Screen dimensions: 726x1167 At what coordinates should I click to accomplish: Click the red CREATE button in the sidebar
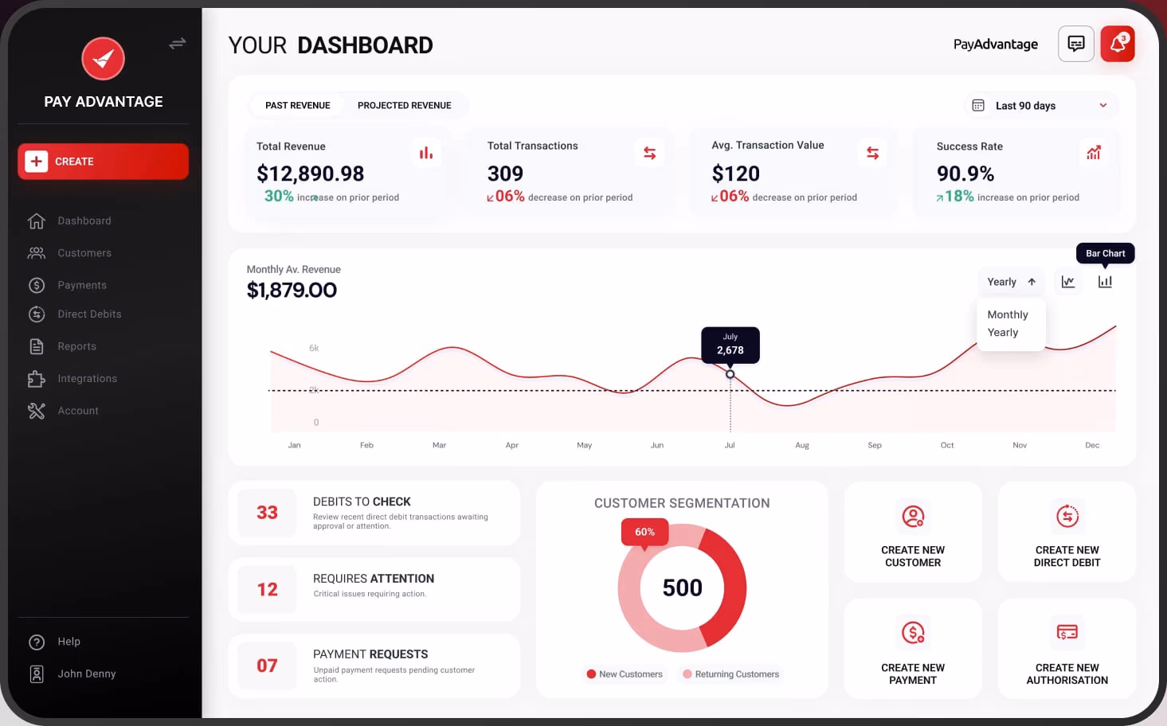103,162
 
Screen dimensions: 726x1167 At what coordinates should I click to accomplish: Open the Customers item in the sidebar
84,253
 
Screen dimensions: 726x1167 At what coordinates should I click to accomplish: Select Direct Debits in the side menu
88,314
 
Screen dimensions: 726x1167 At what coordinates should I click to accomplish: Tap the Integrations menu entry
87,379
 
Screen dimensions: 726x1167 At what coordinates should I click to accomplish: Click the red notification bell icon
1117,44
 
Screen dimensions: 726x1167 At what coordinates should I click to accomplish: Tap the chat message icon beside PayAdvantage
1075,44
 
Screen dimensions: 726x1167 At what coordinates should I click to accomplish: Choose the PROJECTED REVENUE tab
404,105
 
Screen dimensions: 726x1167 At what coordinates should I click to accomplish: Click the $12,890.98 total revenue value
310,174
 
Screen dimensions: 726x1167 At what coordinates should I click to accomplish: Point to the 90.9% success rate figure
965,174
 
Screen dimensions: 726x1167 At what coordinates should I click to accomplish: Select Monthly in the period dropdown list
1007,315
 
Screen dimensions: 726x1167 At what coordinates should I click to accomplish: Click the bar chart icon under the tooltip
1105,282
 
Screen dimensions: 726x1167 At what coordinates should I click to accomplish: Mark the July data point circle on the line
730,374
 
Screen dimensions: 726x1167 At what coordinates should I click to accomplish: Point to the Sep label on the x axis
874,446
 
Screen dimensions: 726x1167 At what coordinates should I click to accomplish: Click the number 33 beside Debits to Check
267,513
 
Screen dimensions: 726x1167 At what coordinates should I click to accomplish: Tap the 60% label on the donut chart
644,532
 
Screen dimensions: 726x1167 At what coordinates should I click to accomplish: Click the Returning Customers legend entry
730,674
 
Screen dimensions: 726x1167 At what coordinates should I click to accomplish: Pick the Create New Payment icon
913,633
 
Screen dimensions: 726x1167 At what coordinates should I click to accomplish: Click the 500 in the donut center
682,588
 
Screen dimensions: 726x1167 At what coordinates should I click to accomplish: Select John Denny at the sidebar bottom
86,674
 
